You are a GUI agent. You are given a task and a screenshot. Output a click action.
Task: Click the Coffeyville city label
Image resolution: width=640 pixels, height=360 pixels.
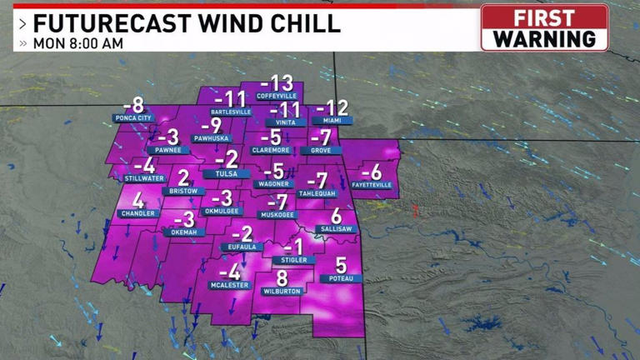pos(277,97)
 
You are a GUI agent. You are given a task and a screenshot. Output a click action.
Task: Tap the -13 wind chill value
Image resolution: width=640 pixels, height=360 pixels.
pos(277,83)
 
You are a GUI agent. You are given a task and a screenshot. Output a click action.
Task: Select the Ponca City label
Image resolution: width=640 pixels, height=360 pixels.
pos(133,118)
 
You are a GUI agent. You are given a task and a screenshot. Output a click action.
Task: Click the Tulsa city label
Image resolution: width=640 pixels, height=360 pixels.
pos(227,173)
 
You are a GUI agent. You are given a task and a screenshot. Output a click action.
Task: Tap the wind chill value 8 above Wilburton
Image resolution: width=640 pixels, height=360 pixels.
pos(282,278)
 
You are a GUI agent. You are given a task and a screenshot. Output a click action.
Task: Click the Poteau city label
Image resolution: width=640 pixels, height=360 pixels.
pos(341,279)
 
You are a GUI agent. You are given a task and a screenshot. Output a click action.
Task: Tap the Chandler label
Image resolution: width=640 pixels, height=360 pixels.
pos(138,213)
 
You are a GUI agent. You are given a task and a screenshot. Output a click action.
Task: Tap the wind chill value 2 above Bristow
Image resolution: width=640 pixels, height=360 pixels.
pos(183,177)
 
